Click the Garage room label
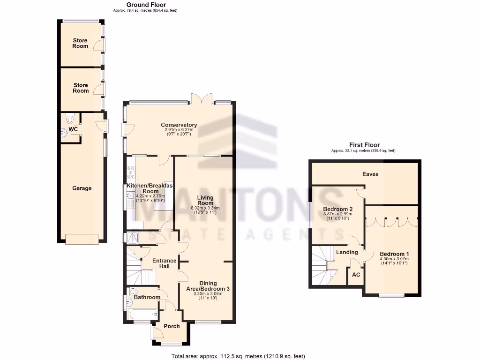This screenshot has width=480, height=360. pos(82,188)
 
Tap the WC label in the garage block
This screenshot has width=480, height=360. pos(73,129)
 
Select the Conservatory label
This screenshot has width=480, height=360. pos(179,125)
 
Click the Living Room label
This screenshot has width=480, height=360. pos(205,200)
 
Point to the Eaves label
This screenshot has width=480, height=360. pos(370,174)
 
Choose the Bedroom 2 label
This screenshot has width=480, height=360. pos(337,209)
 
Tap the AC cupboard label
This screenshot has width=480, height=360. pos(356,275)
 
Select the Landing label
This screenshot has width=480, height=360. pos(347,252)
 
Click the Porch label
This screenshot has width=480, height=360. pos(172,326)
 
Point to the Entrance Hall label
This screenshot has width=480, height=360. pos(165,263)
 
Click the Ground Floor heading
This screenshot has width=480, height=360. pos(146,5)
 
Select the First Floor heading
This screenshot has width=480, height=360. pos(364,145)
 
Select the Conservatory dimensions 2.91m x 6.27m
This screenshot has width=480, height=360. pos(179,130)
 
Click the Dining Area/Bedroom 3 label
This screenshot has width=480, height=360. pos(208,286)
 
